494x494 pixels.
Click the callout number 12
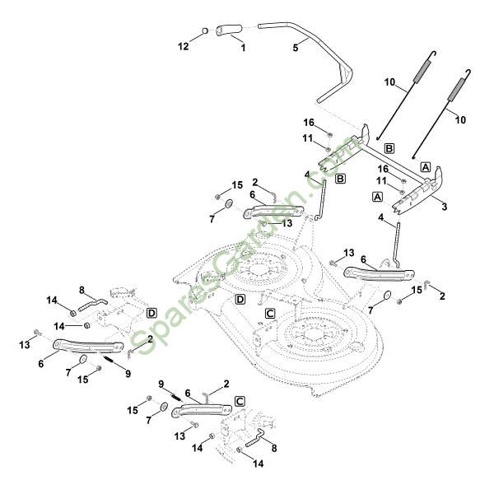184,46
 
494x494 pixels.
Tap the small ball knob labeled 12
205,31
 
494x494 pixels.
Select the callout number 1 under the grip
243,49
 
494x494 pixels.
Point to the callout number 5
296,49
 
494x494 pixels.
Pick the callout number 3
445,207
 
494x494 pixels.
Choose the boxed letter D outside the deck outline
151,313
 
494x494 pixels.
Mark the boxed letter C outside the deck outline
240,401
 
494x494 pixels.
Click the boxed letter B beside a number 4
340,177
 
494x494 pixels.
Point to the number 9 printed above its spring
162,383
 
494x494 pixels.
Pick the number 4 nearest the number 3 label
381,217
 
